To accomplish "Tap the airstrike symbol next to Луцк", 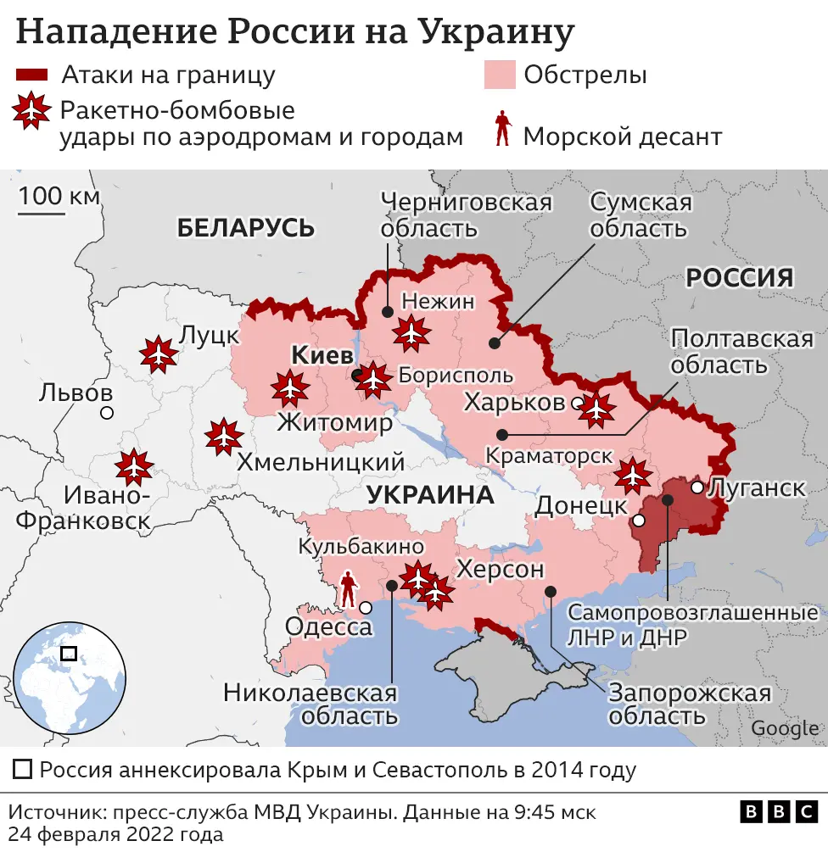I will point(158,354).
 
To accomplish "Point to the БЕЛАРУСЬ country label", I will point(246,227).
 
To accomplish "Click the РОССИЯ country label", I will point(740,277).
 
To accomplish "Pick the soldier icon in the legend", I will point(502,128).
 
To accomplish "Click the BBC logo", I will point(780,811).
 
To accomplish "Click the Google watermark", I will point(785,727).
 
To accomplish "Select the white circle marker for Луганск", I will point(697,487).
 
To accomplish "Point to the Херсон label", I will point(500,570).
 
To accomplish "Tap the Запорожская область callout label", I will point(689,704).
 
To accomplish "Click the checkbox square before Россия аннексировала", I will point(24,771).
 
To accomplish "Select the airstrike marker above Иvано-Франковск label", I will point(134,467).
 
